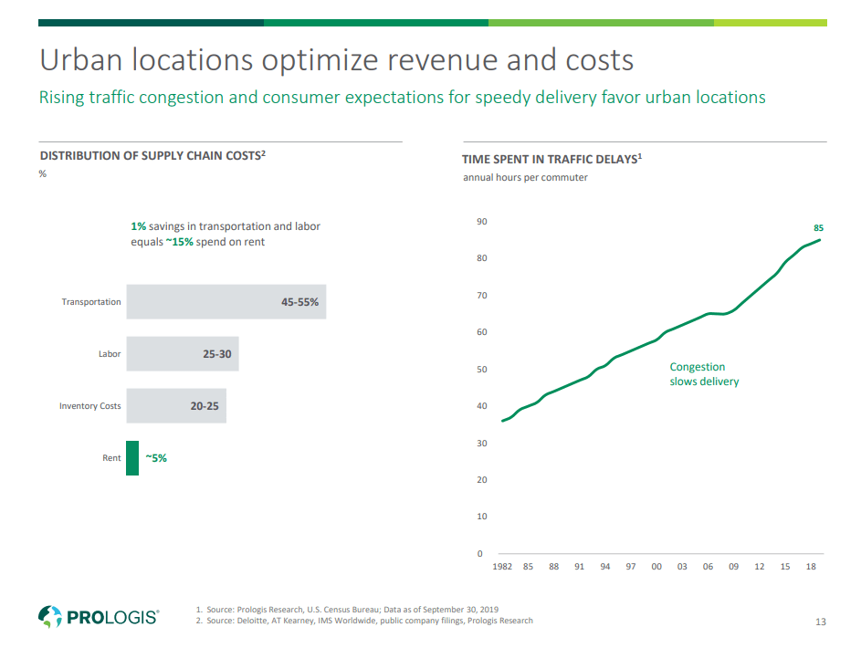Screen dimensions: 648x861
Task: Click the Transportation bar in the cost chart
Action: [x=226, y=301]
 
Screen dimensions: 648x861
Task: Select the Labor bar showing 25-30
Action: [x=182, y=353]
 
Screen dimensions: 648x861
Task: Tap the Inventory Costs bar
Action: [x=175, y=405]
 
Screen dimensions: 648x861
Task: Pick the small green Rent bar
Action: [x=132, y=458]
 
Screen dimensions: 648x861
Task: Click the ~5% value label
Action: [x=156, y=458]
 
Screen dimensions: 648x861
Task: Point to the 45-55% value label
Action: [x=299, y=301]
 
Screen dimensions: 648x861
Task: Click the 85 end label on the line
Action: [x=819, y=226]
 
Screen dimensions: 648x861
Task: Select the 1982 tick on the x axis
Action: [x=502, y=567]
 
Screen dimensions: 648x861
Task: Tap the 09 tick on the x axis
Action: [x=733, y=567]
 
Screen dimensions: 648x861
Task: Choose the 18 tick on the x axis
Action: [x=810, y=567]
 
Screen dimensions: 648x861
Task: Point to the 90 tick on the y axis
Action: [x=481, y=222]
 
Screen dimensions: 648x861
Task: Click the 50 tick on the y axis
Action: [x=481, y=370]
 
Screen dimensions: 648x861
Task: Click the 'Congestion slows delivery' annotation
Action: [x=704, y=374]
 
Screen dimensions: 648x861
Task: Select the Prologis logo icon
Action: [x=49, y=616]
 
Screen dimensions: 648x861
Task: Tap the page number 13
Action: [x=820, y=622]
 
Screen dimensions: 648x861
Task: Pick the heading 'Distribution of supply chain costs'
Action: [x=152, y=155]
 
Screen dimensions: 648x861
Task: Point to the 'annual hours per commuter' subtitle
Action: [x=525, y=177]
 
